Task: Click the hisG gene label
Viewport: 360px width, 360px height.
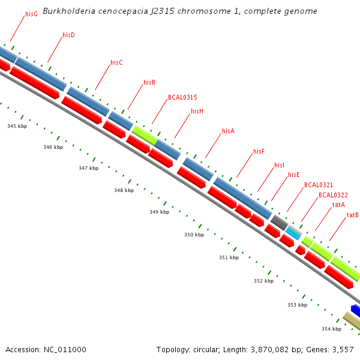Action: [x=31, y=14]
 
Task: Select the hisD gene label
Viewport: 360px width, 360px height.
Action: [x=68, y=35]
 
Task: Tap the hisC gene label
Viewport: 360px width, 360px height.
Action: [x=116, y=63]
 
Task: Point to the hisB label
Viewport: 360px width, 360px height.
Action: [x=149, y=83]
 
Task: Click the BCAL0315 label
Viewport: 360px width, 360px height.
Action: [x=182, y=97]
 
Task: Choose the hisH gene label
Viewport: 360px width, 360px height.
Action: [x=197, y=112]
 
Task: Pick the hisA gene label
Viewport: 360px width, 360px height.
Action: [x=228, y=131]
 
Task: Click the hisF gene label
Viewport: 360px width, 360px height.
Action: [x=259, y=152]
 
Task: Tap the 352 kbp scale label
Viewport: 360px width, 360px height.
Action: [x=263, y=281]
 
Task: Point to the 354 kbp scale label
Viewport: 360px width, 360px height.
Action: [x=331, y=329]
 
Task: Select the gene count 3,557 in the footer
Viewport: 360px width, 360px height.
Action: [x=343, y=350]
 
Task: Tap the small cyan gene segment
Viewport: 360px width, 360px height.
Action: [x=293, y=232]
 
